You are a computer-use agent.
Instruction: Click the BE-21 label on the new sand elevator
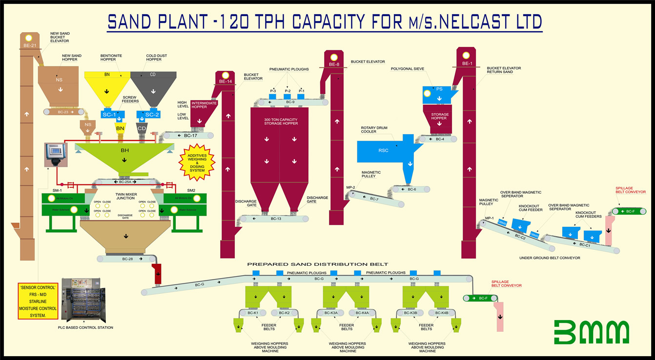click(x=29, y=45)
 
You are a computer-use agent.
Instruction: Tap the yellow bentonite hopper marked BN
click(x=107, y=88)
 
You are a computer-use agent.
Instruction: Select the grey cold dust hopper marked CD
click(x=153, y=88)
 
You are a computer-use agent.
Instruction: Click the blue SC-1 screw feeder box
click(x=108, y=115)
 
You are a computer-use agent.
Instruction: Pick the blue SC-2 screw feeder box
click(x=152, y=115)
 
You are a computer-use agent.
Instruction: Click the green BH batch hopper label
click(x=125, y=151)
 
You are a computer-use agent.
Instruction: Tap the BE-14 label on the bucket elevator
click(x=225, y=81)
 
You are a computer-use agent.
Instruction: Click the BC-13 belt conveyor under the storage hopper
click(x=276, y=219)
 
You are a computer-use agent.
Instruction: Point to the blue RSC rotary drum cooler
click(x=384, y=151)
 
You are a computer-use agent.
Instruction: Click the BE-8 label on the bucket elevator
click(x=334, y=64)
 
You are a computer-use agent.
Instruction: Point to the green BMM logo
click(x=592, y=333)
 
